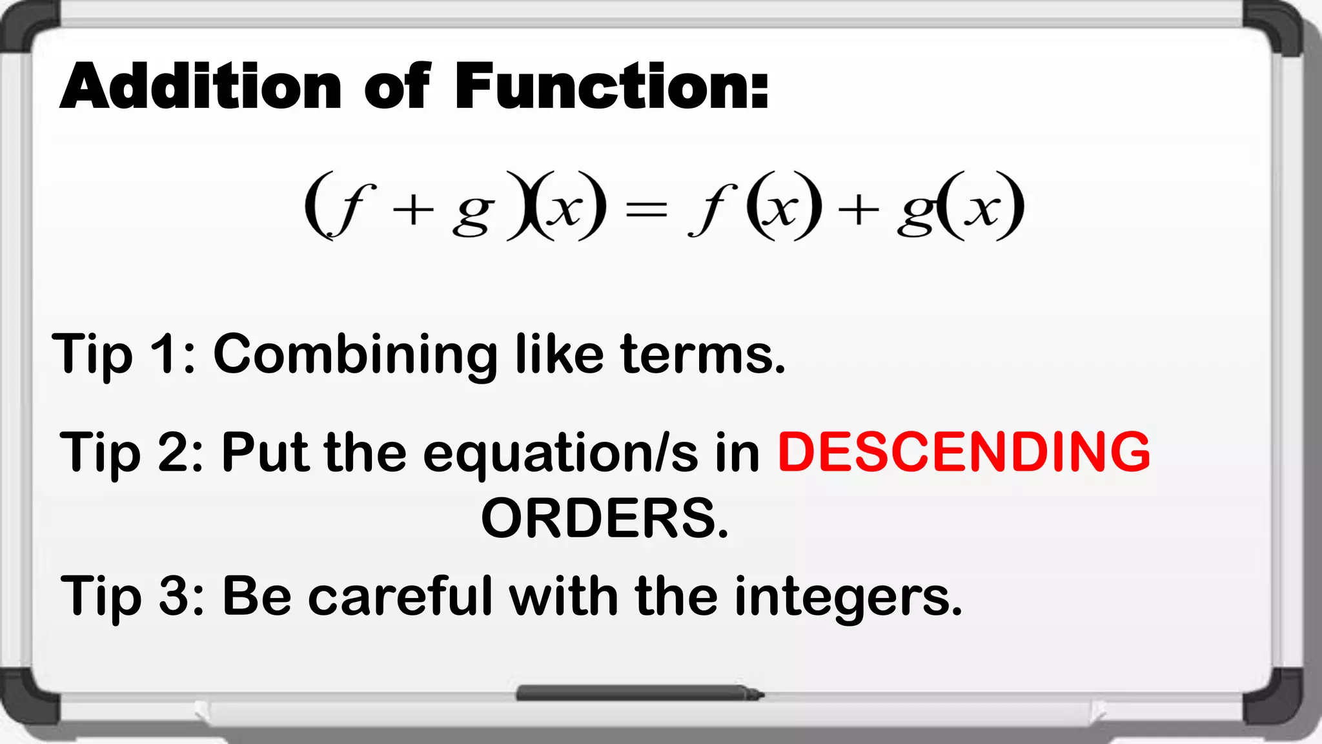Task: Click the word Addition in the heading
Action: tap(201, 87)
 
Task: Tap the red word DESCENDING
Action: tap(964, 451)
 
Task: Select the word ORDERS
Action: tap(605, 519)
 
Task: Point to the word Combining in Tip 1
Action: tap(356, 355)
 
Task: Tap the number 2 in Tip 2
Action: tap(173, 452)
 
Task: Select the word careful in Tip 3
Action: tap(400, 595)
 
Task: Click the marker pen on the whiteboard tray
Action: tap(639, 694)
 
